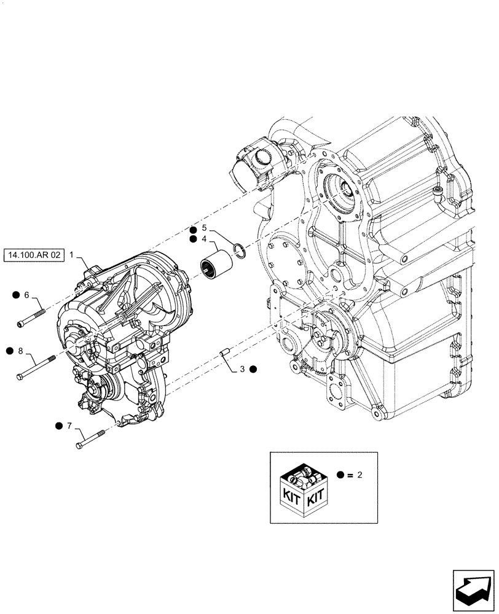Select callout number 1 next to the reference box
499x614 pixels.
[72, 254]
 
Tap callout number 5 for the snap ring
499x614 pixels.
[204, 227]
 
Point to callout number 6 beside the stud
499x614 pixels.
[26, 295]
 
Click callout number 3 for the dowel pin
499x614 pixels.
[242, 369]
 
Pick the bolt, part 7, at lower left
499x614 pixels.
[92, 440]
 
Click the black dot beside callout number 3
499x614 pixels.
[253, 369]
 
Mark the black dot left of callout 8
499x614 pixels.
[10, 351]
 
